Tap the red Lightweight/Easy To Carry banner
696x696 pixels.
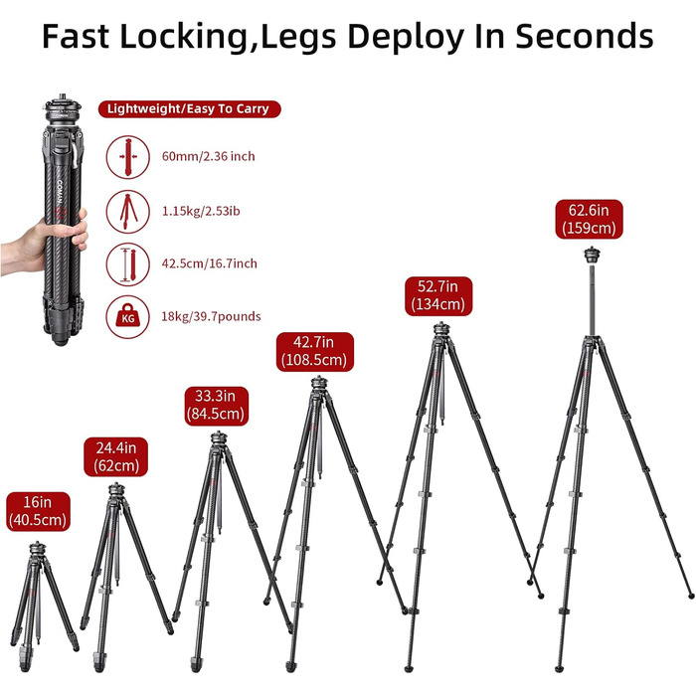pos(190,109)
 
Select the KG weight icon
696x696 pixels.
pos(128,316)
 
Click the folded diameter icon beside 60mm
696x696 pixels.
pos(128,157)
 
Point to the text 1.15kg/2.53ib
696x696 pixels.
pos(201,211)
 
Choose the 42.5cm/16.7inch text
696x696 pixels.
pos(209,263)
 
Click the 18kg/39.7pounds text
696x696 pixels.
pos(211,316)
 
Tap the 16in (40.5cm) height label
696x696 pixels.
pos(38,511)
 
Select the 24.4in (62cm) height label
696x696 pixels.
pos(116,456)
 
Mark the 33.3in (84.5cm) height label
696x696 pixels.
pos(216,405)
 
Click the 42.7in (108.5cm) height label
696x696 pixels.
pos(315,352)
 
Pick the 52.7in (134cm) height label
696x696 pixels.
pos(438,296)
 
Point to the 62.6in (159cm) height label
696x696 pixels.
pos(589,219)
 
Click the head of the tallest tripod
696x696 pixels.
pos(592,255)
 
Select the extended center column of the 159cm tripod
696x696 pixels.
pos(592,299)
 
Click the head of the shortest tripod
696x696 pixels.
pos(38,549)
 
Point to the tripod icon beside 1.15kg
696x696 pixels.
pos(128,211)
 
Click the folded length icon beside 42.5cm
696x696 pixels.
pos(128,264)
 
